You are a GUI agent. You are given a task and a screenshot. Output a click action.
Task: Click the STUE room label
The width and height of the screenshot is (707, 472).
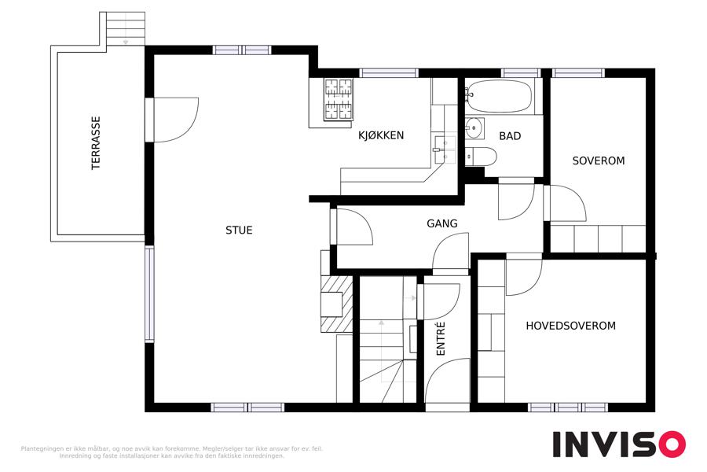[x=239, y=230]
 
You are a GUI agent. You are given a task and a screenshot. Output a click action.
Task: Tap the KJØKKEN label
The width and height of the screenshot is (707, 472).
[x=381, y=135]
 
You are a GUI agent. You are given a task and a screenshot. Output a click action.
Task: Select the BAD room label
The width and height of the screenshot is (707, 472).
[x=510, y=136]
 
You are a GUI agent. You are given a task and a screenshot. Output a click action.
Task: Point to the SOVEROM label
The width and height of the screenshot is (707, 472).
[x=599, y=160]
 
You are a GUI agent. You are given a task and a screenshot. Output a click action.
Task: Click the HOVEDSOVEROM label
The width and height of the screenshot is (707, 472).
[x=570, y=326]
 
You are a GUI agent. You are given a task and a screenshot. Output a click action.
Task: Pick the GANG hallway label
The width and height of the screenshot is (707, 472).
[x=441, y=223]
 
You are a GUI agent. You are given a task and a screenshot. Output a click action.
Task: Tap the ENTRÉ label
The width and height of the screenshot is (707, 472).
[x=441, y=338]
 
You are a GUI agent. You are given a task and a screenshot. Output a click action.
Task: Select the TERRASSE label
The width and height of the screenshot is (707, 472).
[x=96, y=143]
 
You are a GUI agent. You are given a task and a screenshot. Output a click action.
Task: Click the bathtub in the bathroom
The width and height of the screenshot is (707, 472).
[x=499, y=96]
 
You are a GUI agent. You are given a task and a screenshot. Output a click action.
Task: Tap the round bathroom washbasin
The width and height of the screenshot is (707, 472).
[x=474, y=127]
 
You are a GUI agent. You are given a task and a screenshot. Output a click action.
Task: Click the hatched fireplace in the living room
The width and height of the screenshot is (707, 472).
[x=336, y=304]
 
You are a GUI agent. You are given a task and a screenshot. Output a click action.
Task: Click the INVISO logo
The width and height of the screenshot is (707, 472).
[x=619, y=444]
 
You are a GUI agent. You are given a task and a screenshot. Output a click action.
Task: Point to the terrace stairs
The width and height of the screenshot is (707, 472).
[x=126, y=28]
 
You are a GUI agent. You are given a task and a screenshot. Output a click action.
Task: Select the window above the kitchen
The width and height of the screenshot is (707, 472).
[x=389, y=72]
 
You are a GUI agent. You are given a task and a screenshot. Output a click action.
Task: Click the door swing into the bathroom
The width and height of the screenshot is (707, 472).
[x=516, y=199]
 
